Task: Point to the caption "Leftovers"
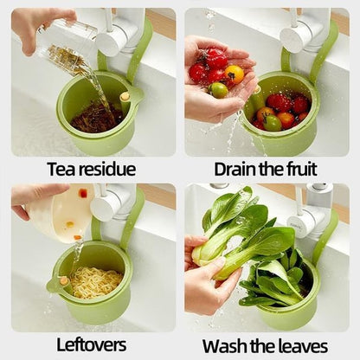pyautogui.click(x=91, y=344)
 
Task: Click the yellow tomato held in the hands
pyautogui.click(x=234, y=74)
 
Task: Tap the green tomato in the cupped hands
pyautogui.click(x=218, y=90)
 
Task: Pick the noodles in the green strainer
pyautogui.click(x=96, y=281)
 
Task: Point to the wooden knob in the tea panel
pyautogui.click(x=125, y=97)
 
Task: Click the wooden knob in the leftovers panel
pyautogui.click(x=64, y=280)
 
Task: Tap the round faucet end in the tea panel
pyautogui.click(x=107, y=44)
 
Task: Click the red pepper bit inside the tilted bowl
pyautogui.click(x=83, y=193)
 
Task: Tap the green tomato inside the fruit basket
pyautogui.click(x=272, y=123)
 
